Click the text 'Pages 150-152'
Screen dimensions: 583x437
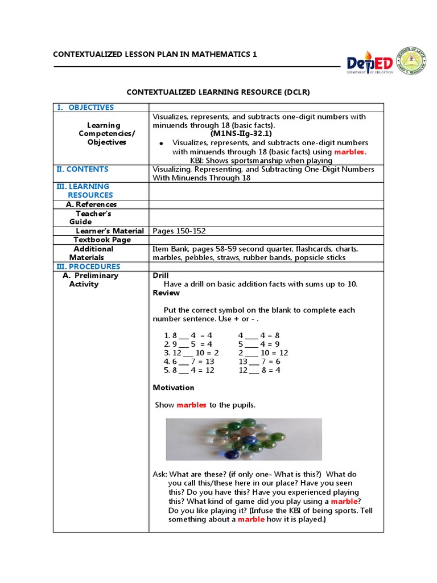click(x=179, y=231)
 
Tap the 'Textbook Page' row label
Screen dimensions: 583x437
click(x=102, y=240)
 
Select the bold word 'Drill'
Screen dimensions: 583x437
click(x=162, y=276)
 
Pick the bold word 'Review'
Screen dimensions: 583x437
click(x=166, y=293)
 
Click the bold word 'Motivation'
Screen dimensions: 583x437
click(x=174, y=388)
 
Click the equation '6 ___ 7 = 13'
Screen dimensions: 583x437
click(x=189, y=362)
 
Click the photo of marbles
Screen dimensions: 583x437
click(x=244, y=439)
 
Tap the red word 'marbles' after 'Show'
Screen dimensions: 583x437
click(x=192, y=405)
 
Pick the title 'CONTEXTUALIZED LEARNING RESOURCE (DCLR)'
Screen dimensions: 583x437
click(x=218, y=92)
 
